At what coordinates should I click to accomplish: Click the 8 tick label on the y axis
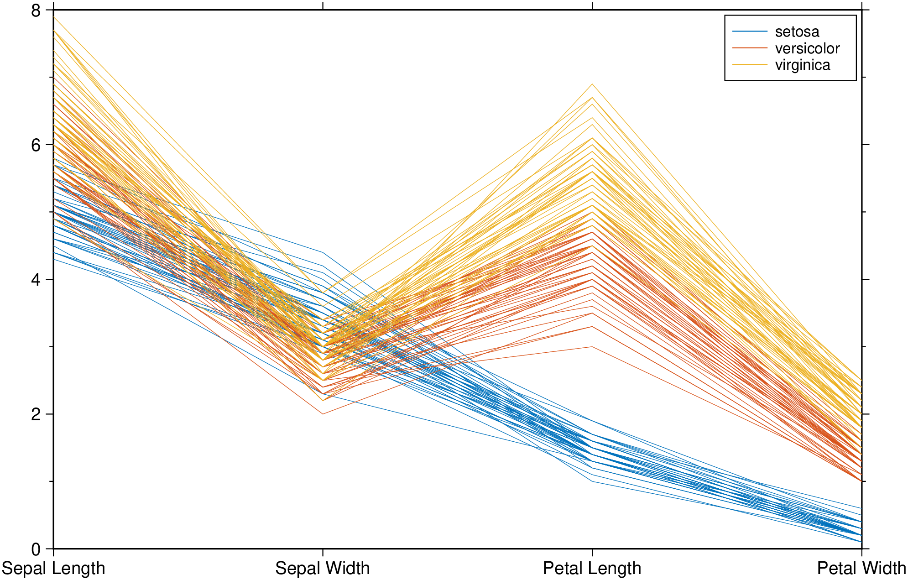coord(36,10)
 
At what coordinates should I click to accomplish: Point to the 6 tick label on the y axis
coord(36,145)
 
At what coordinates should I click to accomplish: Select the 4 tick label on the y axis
coord(36,280)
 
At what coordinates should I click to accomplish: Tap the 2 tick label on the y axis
coord(36,414)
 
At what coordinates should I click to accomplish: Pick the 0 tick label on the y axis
coord(36,549)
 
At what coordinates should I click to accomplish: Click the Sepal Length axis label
coord(53,569)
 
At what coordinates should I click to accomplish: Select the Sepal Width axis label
coord(323,569)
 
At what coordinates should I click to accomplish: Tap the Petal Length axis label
coord(592,569)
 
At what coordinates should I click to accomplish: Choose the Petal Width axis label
coord(861,569)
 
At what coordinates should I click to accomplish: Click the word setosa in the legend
coord(797,31)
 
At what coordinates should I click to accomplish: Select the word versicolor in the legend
coord(807,48)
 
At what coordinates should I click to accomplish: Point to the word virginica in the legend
coord(803,65)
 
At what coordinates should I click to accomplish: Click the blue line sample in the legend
coord(750,31)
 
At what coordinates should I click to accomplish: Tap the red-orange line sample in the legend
coord(750,48)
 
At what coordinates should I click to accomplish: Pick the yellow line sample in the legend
coord(750,65)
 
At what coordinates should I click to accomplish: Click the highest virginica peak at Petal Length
coord(592,84)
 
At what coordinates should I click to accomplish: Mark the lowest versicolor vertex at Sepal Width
coord(323,414)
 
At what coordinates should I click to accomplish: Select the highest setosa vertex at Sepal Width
coord(323,252)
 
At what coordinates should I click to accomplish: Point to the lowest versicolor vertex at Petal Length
coord(592,347)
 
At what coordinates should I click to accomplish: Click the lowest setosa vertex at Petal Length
coord(592,481)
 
